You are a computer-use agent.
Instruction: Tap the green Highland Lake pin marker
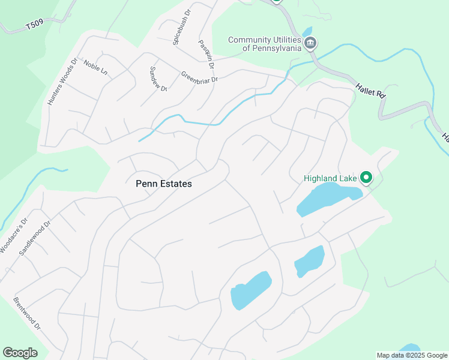pyautogui.click(x=366, y=178)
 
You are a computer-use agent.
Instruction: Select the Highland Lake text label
pyautogui.click(x=330, y=178)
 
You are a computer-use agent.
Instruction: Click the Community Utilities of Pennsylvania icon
pyautogui.click(x=311, y=43)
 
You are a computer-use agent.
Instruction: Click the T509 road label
pyautogui.click(x=35, y=26)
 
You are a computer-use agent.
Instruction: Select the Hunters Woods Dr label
pyautogui.click(x=62, y=82)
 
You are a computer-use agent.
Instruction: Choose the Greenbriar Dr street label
pyautogui.click(x=199, y=77)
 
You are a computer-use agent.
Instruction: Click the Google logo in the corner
pyautogui.click(x=20, y=353)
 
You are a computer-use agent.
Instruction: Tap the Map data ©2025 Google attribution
pyautogui.click(x=412, y=355)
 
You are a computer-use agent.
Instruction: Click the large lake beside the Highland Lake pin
pyautogui.click(x=327, y=199)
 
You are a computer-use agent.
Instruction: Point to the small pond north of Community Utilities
pyautogui.click(x=307, y=31)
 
